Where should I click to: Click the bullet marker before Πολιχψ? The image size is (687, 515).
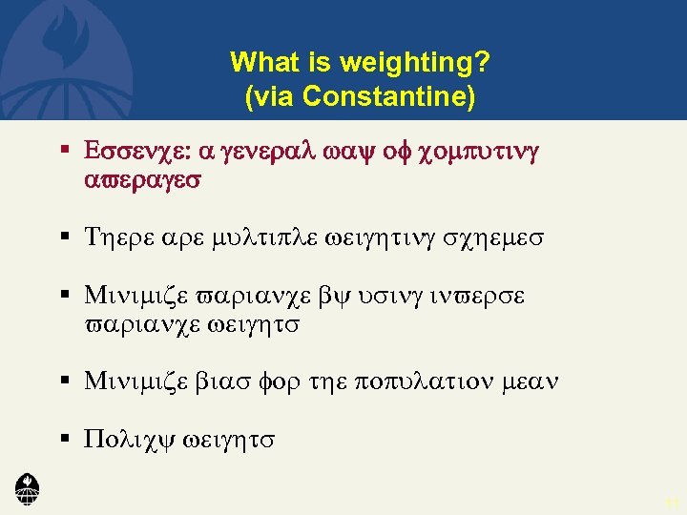pos(66,439)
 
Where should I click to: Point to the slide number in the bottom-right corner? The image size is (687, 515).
pos(670,503)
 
